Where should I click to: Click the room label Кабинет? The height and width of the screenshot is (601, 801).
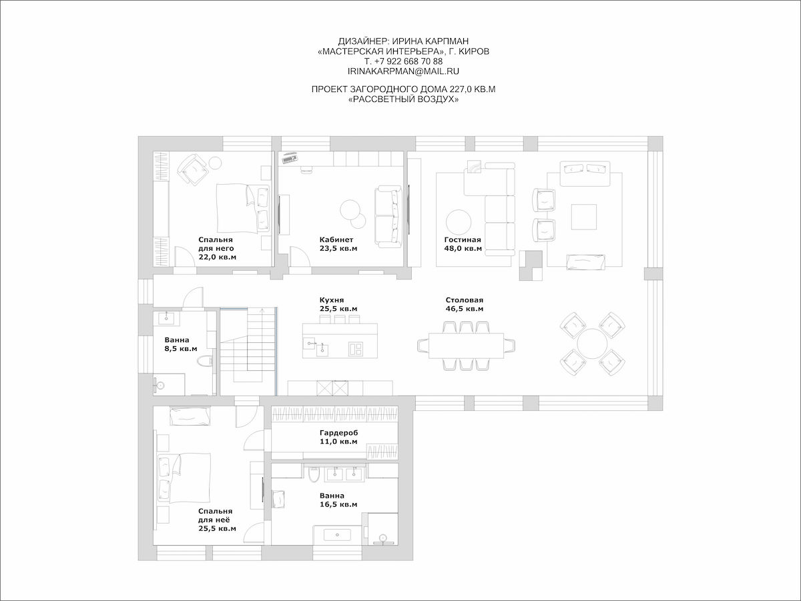coord(336,239)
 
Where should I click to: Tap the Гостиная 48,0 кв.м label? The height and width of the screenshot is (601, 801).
coord(463,244)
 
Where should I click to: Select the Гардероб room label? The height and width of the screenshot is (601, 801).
coord(338,433)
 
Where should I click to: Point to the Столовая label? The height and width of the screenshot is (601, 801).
coord(464,300)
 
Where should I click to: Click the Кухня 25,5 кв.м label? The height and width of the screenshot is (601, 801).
coord(338,304)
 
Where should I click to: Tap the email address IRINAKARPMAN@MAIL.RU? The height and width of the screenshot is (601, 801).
coord(403,71)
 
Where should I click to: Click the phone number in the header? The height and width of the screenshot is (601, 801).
coord(403,61)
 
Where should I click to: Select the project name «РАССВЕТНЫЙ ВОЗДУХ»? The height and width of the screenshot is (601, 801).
coord(404,99)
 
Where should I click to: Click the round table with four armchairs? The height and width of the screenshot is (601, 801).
coord(592,344)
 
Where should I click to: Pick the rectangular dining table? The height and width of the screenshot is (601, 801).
coord(466,346)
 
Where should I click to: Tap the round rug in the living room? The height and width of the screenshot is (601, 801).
coord(459,222)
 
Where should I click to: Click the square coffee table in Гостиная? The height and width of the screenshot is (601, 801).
coord(584,217)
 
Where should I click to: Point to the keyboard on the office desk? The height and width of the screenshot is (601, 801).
coord(290,158)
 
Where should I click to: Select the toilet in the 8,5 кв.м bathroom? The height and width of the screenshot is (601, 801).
coord(205,361)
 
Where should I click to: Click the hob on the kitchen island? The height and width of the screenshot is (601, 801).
coord(355,349)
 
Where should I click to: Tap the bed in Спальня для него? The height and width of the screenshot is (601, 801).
coord(243,208)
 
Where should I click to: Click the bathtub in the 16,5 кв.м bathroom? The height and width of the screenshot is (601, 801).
coord(337,535)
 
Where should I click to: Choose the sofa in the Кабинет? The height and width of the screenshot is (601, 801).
coord(388,215)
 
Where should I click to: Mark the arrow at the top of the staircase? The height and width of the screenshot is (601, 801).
coord(262,311)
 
